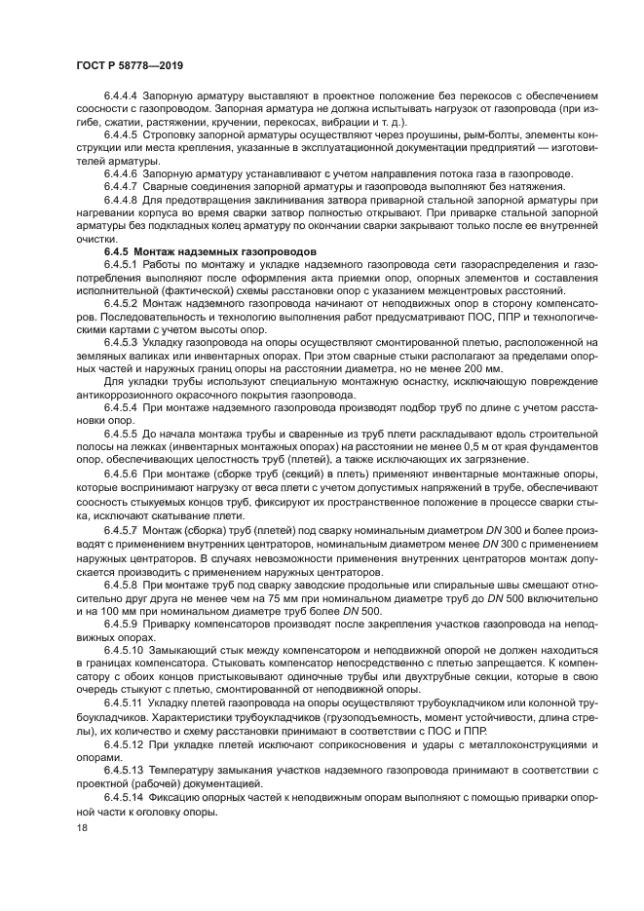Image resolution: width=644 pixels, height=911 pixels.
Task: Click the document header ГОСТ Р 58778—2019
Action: click(130, 66)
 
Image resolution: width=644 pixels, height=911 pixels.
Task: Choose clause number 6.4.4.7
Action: click(122, 186)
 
